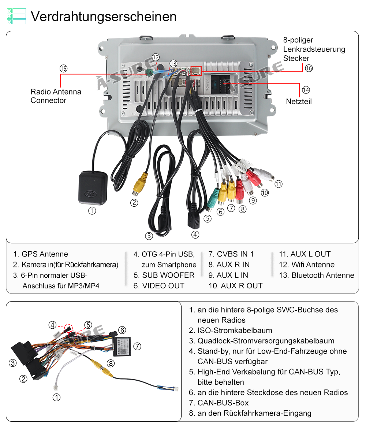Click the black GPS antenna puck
93,188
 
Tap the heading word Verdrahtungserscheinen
104,16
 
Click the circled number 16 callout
309,68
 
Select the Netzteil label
299,101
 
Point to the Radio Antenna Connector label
56,96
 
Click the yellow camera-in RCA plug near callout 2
139,183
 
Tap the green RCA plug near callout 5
212,198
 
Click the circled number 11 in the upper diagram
279,184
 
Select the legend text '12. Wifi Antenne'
307,265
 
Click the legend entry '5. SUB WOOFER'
164,275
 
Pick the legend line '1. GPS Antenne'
41,254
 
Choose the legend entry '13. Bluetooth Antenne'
317,275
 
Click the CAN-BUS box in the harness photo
122,346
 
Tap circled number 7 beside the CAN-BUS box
137,346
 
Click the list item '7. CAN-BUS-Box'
219,403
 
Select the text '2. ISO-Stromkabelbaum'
231,331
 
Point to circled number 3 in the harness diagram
13,363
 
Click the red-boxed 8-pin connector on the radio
196,71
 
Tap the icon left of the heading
16,16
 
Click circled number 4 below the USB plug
195,235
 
